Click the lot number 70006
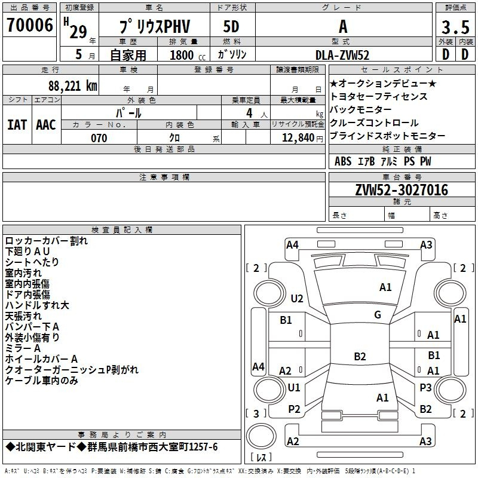tap(29, 25)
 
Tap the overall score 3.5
tap(455, 27)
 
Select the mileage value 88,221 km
tap(73, 85)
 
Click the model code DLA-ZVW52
tap(342, 55)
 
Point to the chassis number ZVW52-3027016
tap(402, 190)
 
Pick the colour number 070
tap(99, 138)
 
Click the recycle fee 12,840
tap(298, 137)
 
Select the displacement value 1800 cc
tap(188, 55)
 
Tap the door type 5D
tap(231, 27)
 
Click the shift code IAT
tap(17, 125)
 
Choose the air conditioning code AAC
tap(46, 125)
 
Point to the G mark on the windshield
tap(378, 315)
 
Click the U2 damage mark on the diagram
tap(297, 298)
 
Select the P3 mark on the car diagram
tap(425, 387)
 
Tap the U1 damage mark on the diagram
tap(294, 387)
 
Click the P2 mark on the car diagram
tap(294, 409)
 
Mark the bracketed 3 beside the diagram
tap(256, 413)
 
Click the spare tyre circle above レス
tap(261, 436)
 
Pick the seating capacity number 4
tap(249, 113)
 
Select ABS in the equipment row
tap(343, 161)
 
